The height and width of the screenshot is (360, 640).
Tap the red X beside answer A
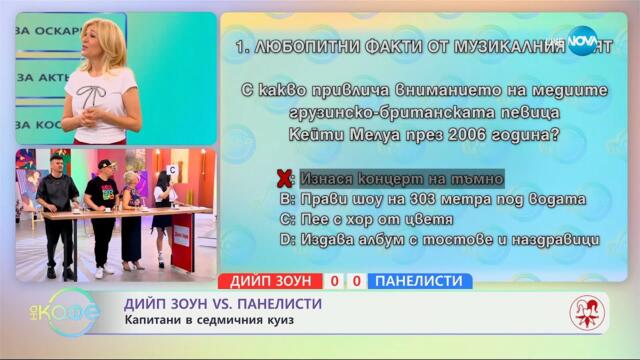284,179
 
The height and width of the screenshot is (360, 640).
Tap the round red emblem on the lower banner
587,314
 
